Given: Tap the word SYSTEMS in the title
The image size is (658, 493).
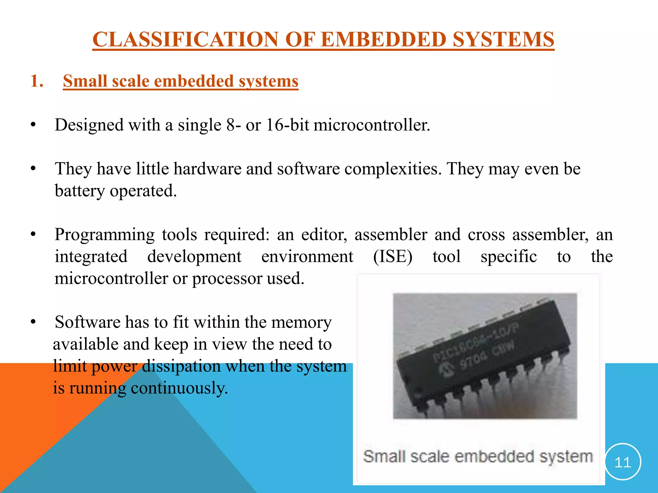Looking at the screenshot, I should pos(503,39).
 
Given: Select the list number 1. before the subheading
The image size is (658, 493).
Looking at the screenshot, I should pos(37,81).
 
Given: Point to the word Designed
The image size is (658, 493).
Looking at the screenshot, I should pos(89,125).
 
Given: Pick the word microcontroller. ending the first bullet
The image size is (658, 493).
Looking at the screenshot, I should pos(372,125).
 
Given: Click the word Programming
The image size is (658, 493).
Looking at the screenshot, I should pos(104,235).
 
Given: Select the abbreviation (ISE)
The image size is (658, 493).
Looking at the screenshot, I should pos(393,256).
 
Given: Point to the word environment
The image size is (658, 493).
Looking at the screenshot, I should pos(307,256).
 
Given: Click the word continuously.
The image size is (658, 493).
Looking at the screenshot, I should pos(179,388).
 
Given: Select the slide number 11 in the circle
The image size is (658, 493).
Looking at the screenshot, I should pos(622,462).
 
